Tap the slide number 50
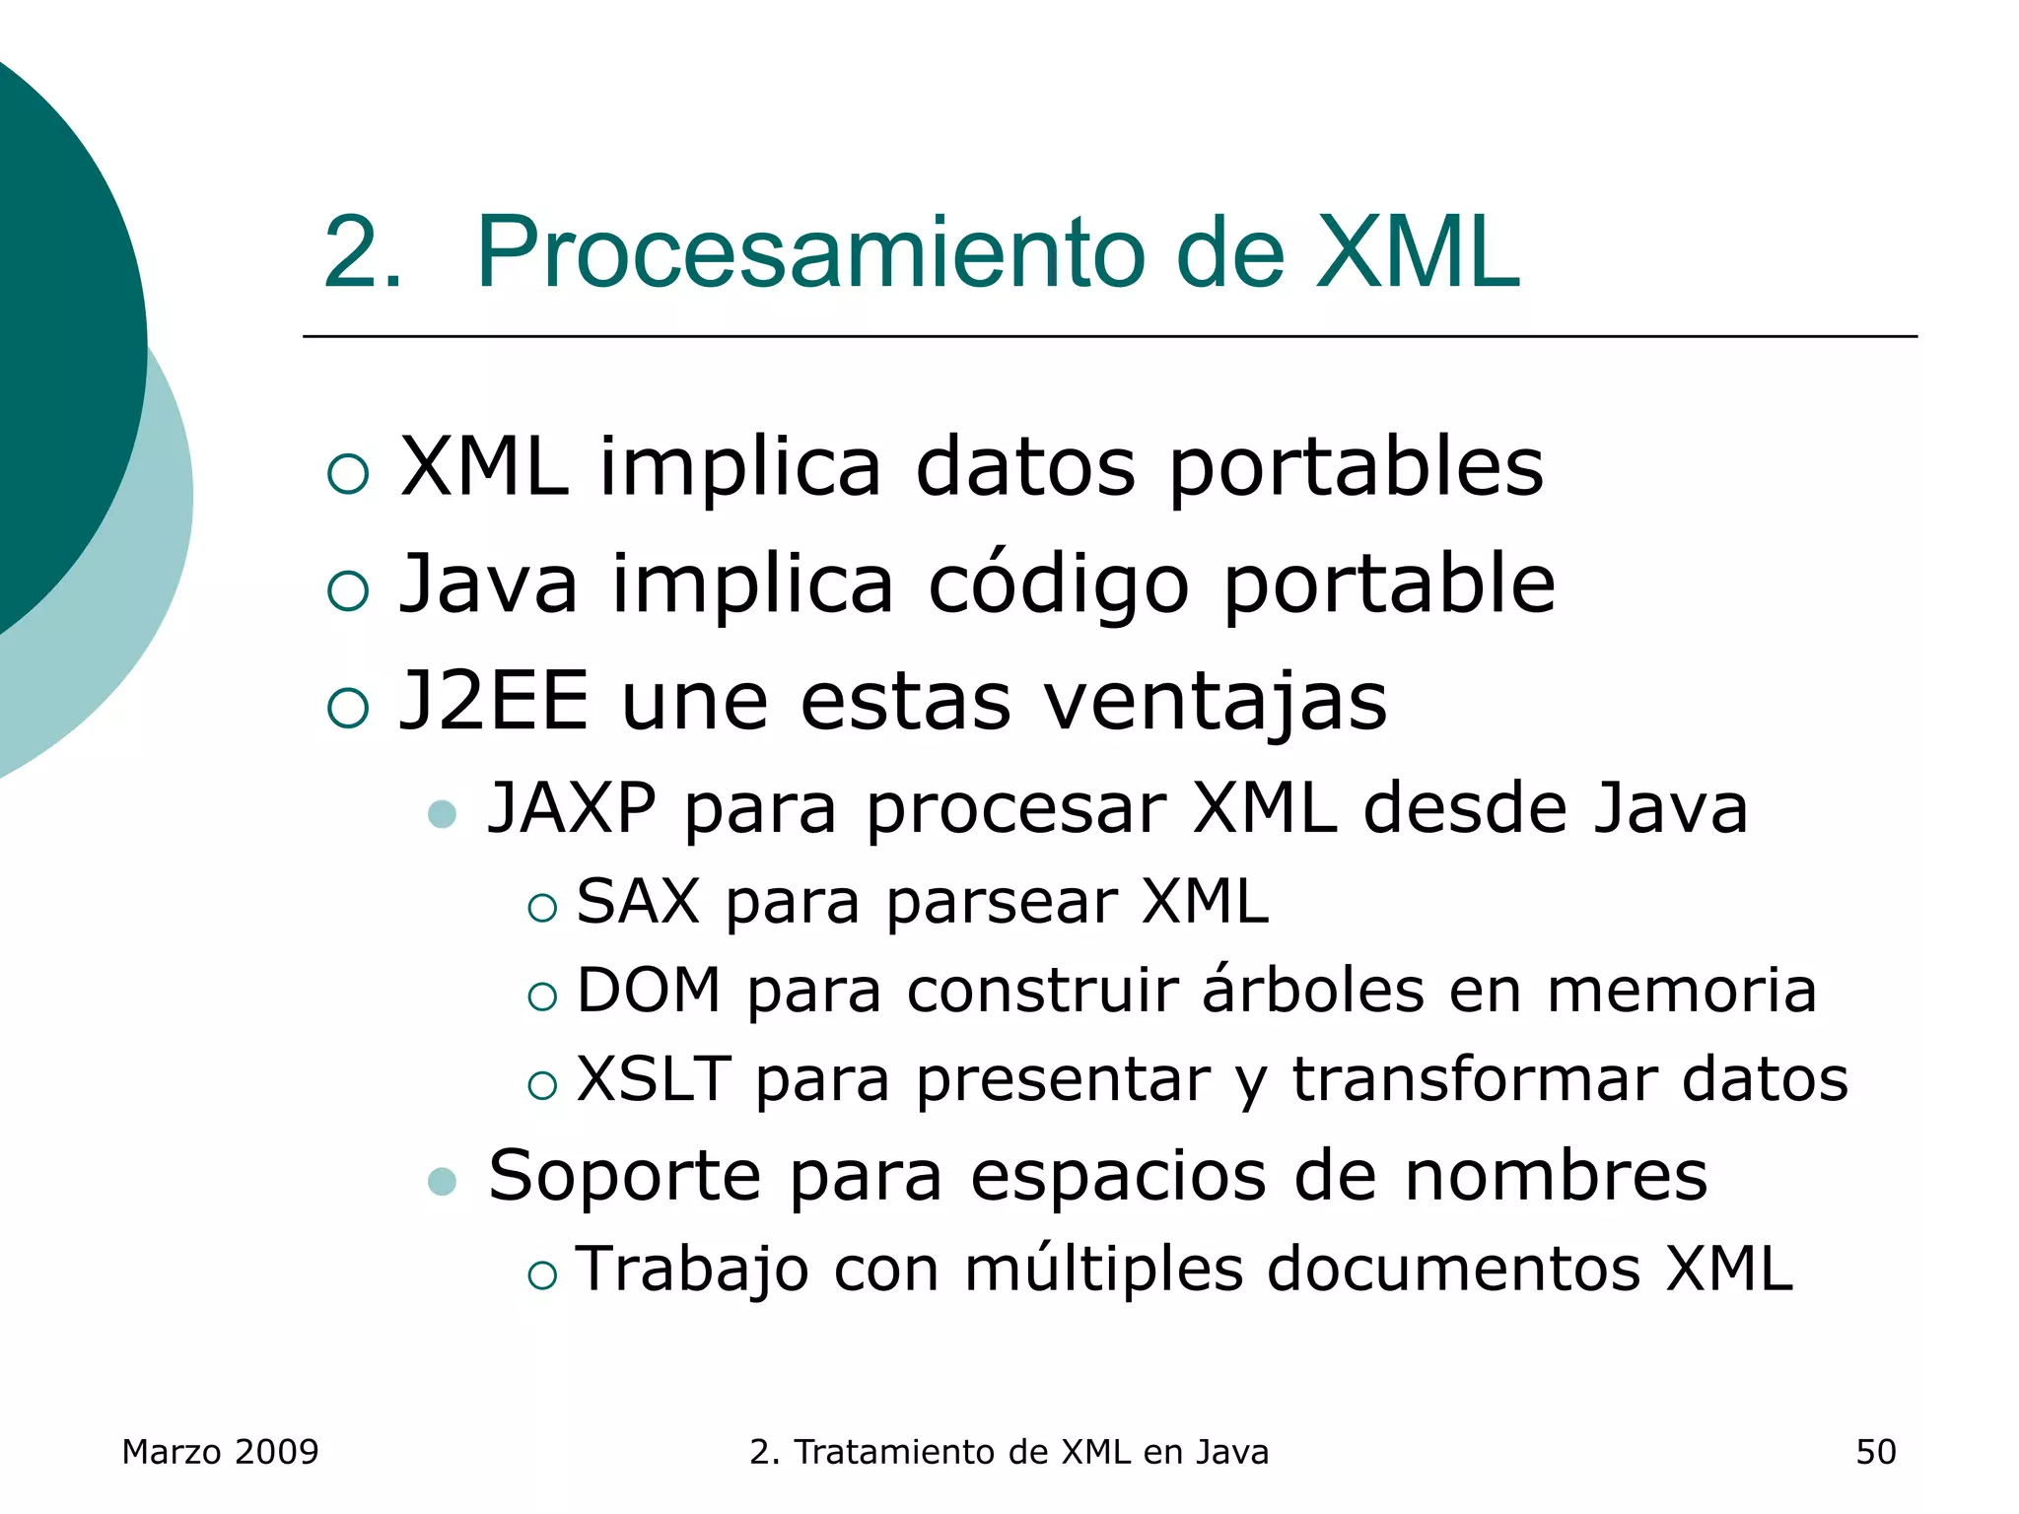coord(1875,1452)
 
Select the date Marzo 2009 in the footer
coord(220,1452)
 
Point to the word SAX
coord(637,901)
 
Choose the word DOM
coord(649,990)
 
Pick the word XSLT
coord(654,1078)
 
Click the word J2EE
coord(493,701)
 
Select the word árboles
coord(1312,990)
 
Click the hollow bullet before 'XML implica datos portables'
coord(348,474)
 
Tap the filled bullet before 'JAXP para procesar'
coord(443,814)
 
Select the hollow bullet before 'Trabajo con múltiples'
coord(542,1275)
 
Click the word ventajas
coord(1215,703)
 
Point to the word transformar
coord(1474,1078)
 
